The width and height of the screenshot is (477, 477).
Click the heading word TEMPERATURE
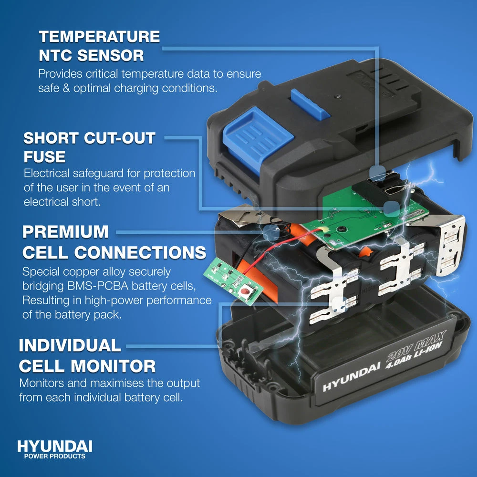coord(99,37)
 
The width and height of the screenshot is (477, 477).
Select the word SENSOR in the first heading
coord(110,55)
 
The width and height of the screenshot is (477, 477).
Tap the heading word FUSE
coord(44,157)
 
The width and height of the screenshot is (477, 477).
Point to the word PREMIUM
coord(65,232)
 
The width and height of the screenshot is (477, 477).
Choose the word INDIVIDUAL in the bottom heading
coord(70,345)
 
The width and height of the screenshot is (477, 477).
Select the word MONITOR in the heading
coord(115,366)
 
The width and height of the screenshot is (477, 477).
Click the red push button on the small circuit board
coord(245,291)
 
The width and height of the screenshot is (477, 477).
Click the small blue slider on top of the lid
coord(310,104)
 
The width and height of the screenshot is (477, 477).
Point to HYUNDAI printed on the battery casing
coord(352,377)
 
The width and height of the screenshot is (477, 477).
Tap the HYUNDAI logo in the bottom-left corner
coord(55,446)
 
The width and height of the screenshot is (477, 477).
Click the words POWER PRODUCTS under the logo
coord(55,456)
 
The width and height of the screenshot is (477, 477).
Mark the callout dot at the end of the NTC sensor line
coord(377,174)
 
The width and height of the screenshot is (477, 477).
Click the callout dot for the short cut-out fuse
coord(391,209)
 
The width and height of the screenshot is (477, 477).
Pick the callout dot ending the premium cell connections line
coord(271,232)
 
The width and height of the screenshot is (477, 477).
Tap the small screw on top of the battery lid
coord(337,97)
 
